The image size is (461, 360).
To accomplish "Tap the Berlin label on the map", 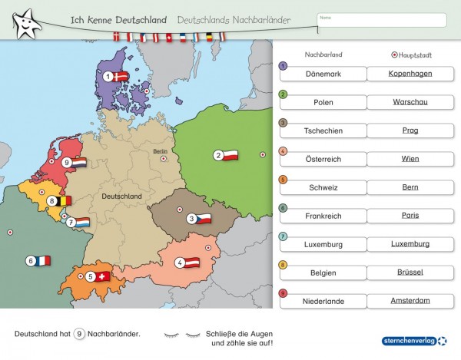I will point(160,151).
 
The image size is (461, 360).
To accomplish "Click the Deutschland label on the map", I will point(121,197).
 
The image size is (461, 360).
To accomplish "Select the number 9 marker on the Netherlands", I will point(67,163).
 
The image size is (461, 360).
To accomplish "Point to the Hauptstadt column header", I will point(413,55).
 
